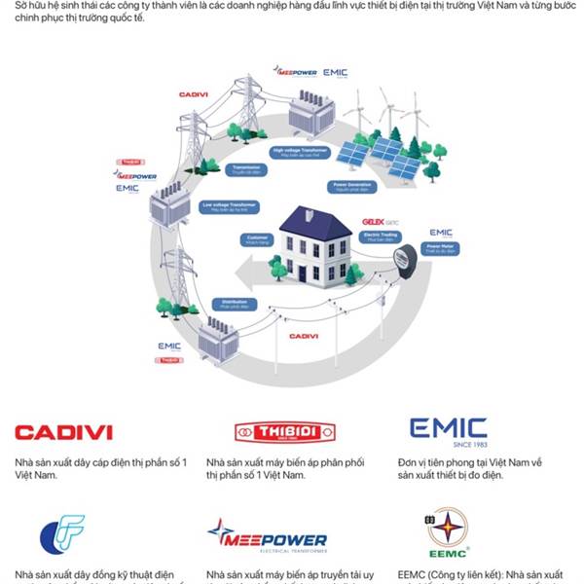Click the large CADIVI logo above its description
[x=63, y=432]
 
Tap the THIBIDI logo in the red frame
[x=284, y=432]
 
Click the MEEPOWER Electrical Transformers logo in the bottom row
[x=267, y=537]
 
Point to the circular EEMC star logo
[x=447, y=533]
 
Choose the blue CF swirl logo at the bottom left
[x=62, y=534]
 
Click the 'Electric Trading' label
[x=377, y=237]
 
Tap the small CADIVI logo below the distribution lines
[x=304, y=336]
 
